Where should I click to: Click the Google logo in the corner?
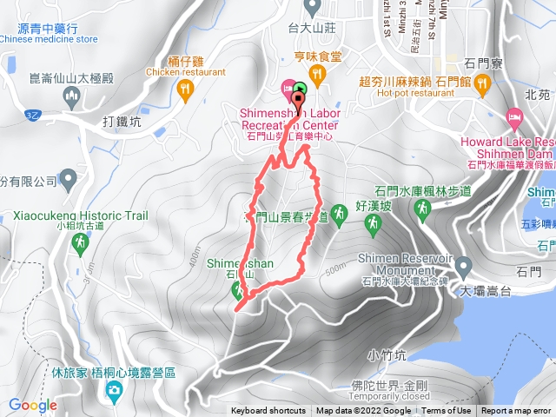[33, 405]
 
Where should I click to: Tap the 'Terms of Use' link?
[447, 411]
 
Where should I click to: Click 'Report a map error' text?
[516, 411]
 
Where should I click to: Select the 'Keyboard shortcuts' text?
[269, 411]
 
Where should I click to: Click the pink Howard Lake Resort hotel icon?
[514, 116]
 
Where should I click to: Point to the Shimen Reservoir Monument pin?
[462, 264]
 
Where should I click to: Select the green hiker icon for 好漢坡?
[373, 223]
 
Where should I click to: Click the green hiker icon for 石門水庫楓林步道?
[422, 208]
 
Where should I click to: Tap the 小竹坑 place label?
[387, 354]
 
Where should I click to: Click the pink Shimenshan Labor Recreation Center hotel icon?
[286, 89]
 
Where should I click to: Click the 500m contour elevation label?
[334, 269]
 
